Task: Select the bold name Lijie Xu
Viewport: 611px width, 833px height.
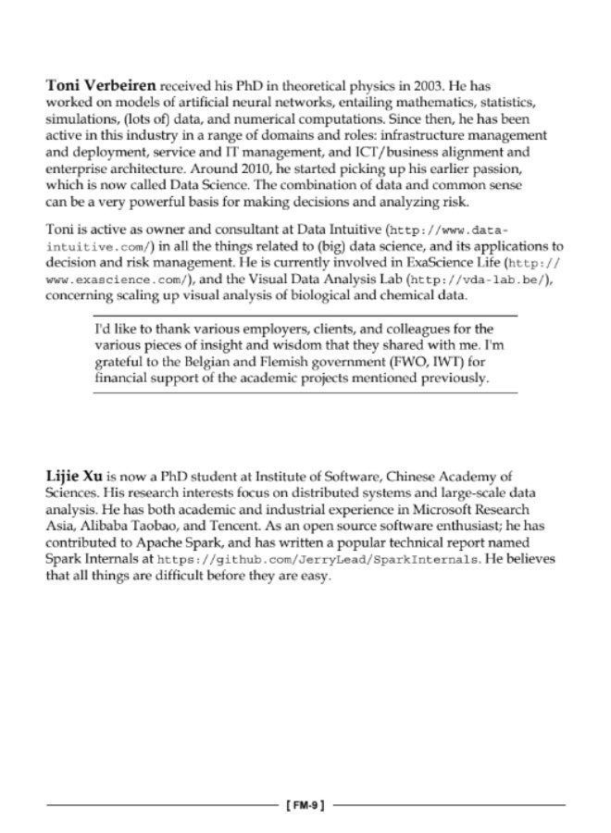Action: coord(74,476)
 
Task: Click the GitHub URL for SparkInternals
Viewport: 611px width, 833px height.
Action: coord(319,560)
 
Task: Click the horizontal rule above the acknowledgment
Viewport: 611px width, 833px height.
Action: coord(305,316)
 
